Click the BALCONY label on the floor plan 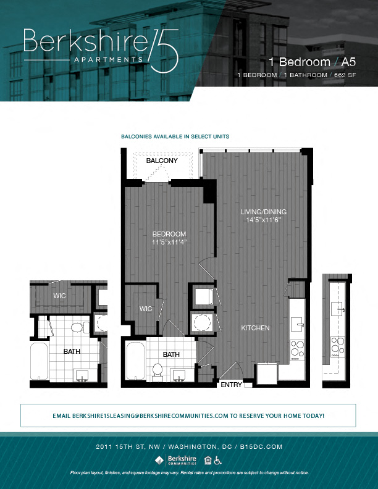162,161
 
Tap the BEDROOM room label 169,234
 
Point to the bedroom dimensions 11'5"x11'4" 169,242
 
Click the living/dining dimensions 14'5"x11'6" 264,220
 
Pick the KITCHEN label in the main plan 255,328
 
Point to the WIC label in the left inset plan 59,296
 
